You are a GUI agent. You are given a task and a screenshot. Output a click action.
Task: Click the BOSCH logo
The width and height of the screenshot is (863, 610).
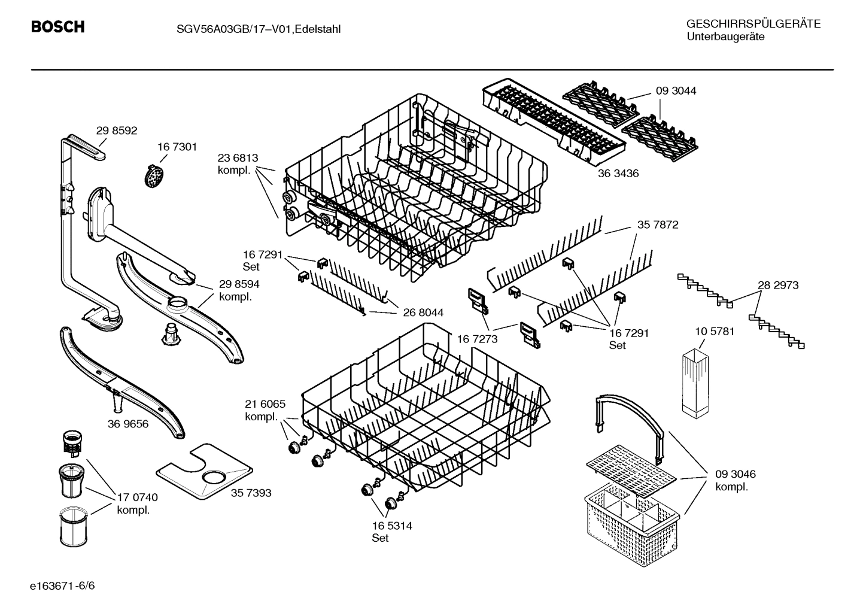[57, 28]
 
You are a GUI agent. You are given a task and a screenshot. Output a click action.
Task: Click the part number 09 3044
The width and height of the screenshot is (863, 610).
[676, 91]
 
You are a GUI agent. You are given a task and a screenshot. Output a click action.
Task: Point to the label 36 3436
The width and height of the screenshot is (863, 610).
[618, 174]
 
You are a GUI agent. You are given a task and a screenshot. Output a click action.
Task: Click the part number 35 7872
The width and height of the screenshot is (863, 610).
[658, 225]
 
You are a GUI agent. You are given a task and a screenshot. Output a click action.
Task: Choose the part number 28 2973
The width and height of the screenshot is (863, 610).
[778, 285]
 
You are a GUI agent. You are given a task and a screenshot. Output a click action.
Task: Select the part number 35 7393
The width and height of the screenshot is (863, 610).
[251, 493]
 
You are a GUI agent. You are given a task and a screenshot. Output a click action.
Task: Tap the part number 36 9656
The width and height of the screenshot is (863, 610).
[128, 424]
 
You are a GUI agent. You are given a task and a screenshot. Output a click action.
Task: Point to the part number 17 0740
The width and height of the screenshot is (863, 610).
[138, 497]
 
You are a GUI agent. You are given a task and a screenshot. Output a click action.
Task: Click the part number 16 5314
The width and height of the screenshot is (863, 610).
[391, 526]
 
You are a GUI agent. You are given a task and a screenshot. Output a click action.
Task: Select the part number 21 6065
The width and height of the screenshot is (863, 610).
[265, 404]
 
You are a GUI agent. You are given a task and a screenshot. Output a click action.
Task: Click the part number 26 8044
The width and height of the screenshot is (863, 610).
[423, 312]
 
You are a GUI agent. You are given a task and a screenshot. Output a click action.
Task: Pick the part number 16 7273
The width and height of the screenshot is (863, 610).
[477, 339]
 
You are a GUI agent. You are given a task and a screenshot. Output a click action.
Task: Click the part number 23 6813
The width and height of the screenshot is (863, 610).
[238, 158]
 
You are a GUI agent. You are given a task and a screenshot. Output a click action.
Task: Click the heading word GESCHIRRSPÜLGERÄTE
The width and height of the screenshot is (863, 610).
[753, 24]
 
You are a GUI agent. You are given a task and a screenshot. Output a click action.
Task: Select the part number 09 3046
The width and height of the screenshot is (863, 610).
[735, 474]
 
